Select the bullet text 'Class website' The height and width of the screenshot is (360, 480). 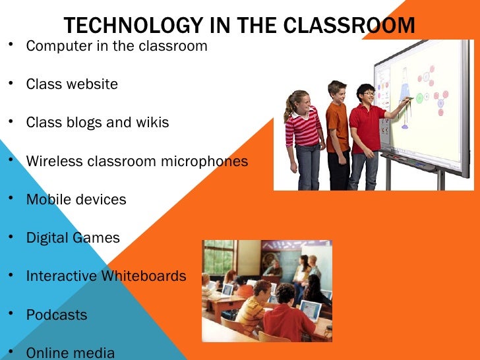pyautogui.click(x=72, y=84)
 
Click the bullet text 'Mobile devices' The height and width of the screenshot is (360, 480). pyautogui.click(x=76, y=199)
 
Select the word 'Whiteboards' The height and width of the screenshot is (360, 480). pyautogui.click(x=144, y=276)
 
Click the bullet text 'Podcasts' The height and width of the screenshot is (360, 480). pyautogui.click(x=57, y=315)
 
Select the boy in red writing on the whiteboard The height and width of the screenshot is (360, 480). pyautogui.click(x=366, y=132)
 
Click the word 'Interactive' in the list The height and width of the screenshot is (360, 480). pyautogui.click(x=61, y=276)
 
